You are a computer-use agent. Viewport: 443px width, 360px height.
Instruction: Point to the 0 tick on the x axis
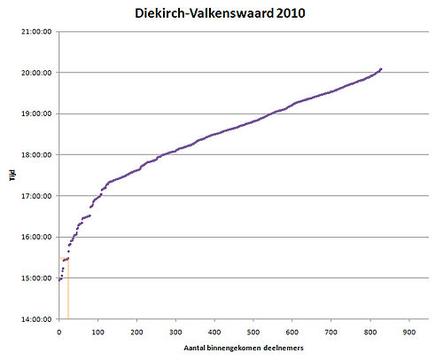59,331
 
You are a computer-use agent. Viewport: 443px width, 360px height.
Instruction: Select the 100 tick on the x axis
97,331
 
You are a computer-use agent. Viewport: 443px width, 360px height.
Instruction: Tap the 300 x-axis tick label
175,331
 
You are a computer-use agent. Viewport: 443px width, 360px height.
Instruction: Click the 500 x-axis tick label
253,331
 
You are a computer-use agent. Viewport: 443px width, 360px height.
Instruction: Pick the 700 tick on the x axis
330,331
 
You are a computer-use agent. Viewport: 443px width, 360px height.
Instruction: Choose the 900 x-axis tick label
408,331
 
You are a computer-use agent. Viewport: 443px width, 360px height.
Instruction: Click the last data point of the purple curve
380,69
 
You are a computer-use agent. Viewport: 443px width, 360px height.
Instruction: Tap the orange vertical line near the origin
68,293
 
